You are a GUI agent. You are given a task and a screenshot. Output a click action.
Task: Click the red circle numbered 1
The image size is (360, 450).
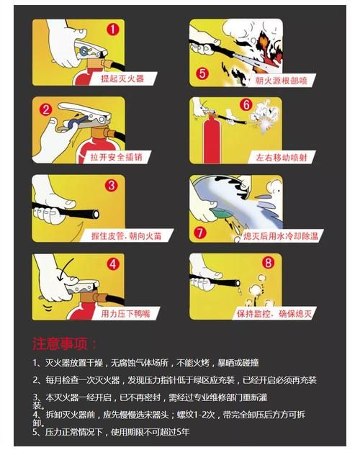click(x=113, y=30)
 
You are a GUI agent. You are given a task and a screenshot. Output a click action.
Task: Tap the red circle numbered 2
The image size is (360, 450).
click(x=46, y=109)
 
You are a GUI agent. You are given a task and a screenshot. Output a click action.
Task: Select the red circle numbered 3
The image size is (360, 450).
click(x=112, y=186)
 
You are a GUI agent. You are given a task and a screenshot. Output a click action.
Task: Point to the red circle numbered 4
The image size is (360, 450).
click(x=113, y=264)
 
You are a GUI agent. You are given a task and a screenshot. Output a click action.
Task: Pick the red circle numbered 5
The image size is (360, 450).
click(x=202, y=73)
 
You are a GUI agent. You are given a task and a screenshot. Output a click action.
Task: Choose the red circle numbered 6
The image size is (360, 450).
click(x=246, y=104)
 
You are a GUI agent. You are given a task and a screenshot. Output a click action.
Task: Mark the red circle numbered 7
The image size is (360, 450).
click(x=200, y=233)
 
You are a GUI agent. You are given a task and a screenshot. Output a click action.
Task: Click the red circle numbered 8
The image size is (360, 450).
click(x=268, y=262)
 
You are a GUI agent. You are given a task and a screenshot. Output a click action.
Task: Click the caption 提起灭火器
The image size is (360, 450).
click(x=122, y=78)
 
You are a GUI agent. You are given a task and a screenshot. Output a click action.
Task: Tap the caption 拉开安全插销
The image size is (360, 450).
click(x=117, y=157)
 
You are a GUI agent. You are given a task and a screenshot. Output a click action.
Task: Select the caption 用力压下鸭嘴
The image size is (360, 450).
click(x=126, y=314)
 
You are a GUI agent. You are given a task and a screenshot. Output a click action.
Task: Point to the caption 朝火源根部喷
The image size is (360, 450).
click(x=282, y=81)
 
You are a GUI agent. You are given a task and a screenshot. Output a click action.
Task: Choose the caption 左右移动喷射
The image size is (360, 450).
click(x=282, y=157)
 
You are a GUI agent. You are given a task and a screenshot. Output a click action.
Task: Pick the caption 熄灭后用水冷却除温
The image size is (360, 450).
click(x=281, y=236)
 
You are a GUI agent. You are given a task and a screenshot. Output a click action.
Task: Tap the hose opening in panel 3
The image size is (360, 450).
click(x=96, y=214)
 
